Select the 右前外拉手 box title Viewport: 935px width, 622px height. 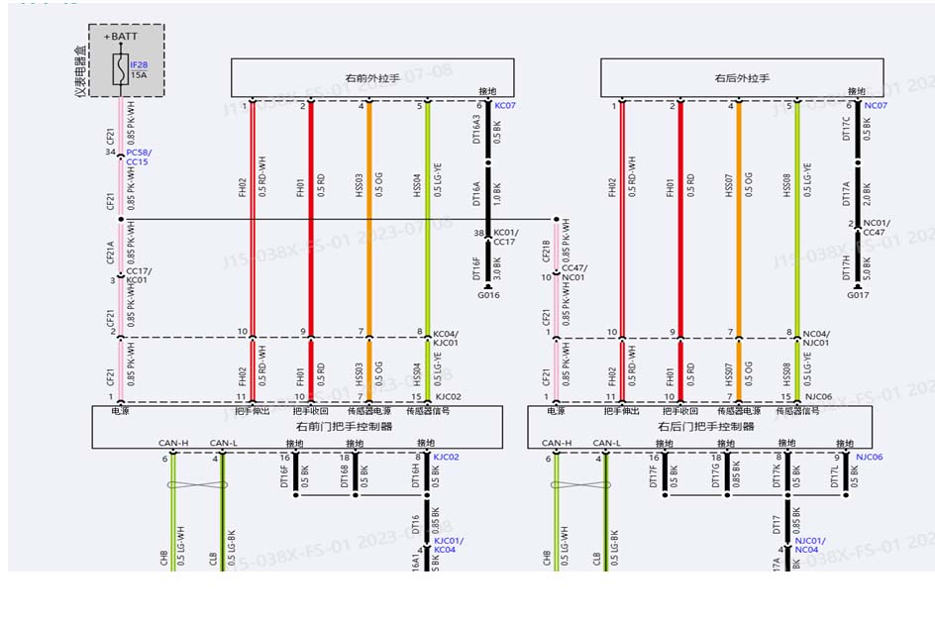pos(371,77)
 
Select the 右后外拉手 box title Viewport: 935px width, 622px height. pos(742,77)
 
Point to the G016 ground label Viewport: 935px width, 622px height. pos(488,294)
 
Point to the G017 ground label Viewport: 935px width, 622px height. pos(858,294)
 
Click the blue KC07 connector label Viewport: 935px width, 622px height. pos(504,105)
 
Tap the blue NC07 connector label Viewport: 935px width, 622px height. pos(876,105)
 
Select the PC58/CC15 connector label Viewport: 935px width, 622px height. pos(138,156)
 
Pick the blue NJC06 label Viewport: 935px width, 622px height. pos(870,458)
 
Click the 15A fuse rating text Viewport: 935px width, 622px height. pos(138,74)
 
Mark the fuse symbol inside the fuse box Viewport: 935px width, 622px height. pos(120,69)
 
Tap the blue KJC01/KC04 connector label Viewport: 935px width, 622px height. pos(445,545)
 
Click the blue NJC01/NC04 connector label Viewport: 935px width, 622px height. pos(809,545)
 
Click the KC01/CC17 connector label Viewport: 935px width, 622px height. pos(505,237)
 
